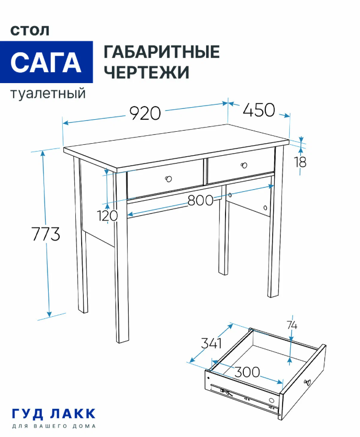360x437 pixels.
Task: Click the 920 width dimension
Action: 145,113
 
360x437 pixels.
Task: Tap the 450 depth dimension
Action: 258,110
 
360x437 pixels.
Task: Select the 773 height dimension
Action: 46,234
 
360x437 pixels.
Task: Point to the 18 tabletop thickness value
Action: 300,162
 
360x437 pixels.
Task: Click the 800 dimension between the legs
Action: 200,200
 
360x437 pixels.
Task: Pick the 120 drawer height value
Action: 107,215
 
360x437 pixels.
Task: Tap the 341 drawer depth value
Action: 211,343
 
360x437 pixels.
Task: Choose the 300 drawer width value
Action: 247,372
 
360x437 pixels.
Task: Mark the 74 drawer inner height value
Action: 292,325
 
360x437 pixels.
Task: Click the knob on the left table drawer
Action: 168,179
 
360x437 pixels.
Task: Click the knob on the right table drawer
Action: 244,165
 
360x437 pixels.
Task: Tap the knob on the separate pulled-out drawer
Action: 307,382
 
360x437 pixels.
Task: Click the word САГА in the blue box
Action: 46,62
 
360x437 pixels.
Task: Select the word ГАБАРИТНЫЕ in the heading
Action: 162,52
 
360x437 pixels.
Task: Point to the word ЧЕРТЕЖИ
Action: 147,72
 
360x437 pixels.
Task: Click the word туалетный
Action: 48,94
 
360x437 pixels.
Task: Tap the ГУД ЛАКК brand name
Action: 54,414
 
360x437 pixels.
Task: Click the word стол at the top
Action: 30,31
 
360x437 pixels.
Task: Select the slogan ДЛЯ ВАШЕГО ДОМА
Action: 54,427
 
